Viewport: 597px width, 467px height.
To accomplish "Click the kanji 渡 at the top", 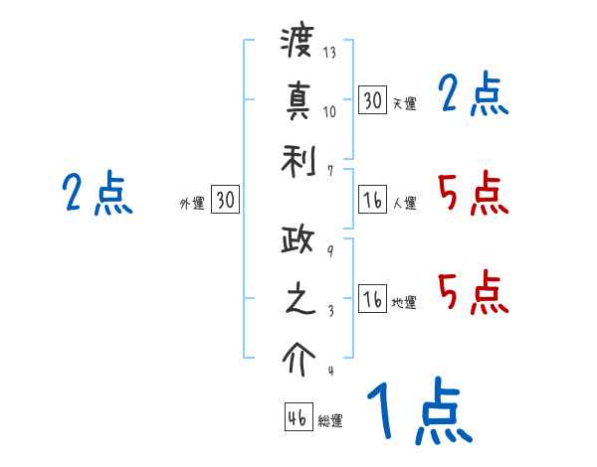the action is [297, 43].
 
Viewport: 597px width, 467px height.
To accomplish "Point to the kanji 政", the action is [297, 241].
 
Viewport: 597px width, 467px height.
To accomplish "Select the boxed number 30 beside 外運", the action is [225, 201].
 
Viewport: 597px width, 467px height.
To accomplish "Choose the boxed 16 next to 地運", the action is [372, 299].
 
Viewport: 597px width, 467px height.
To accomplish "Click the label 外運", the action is [192, 204].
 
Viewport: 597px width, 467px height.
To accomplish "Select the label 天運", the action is [404, 103].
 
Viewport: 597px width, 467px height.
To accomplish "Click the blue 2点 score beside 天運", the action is [473, 95].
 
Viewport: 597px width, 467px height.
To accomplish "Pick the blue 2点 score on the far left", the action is [97, 193].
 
